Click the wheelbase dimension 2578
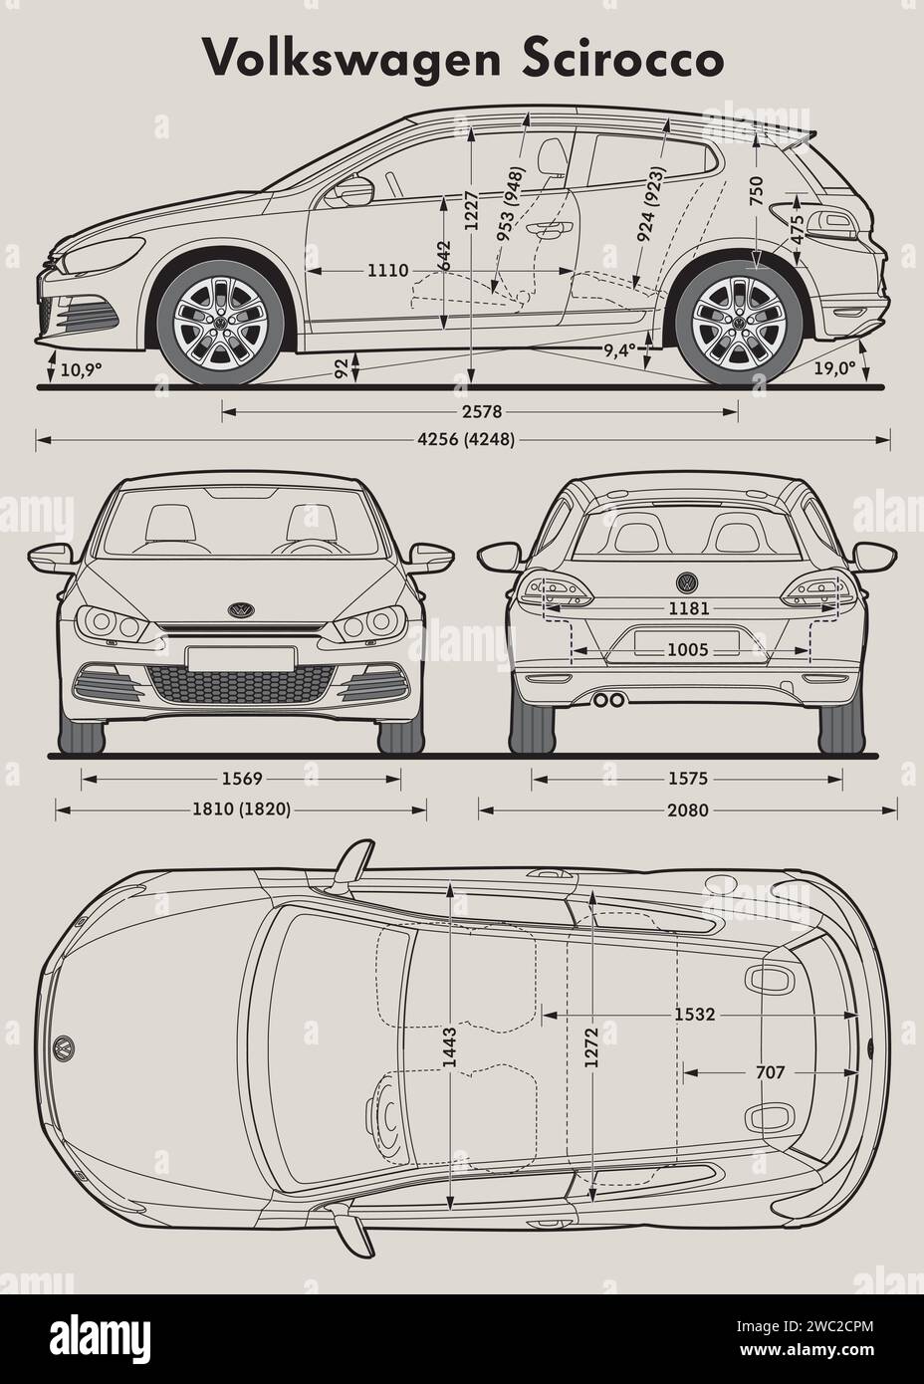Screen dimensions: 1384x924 pos(480,411)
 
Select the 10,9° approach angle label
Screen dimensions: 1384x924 pos(81,369)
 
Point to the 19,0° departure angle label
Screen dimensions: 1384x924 pos(834,368)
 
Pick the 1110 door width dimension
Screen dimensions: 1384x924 pos(388,270)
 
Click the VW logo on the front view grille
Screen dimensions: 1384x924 pos(240,609)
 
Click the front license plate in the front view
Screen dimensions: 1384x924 pos(240,658)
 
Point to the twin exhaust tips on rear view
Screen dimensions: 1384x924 pos(608,700)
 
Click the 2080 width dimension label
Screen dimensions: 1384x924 pos(688,810)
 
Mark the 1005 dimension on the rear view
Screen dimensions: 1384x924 pos(688,650)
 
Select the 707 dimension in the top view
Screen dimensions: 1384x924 pos(771,1072)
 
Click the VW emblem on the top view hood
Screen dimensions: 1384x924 pos(63,1047)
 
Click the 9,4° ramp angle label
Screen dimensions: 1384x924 pos(619,350)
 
